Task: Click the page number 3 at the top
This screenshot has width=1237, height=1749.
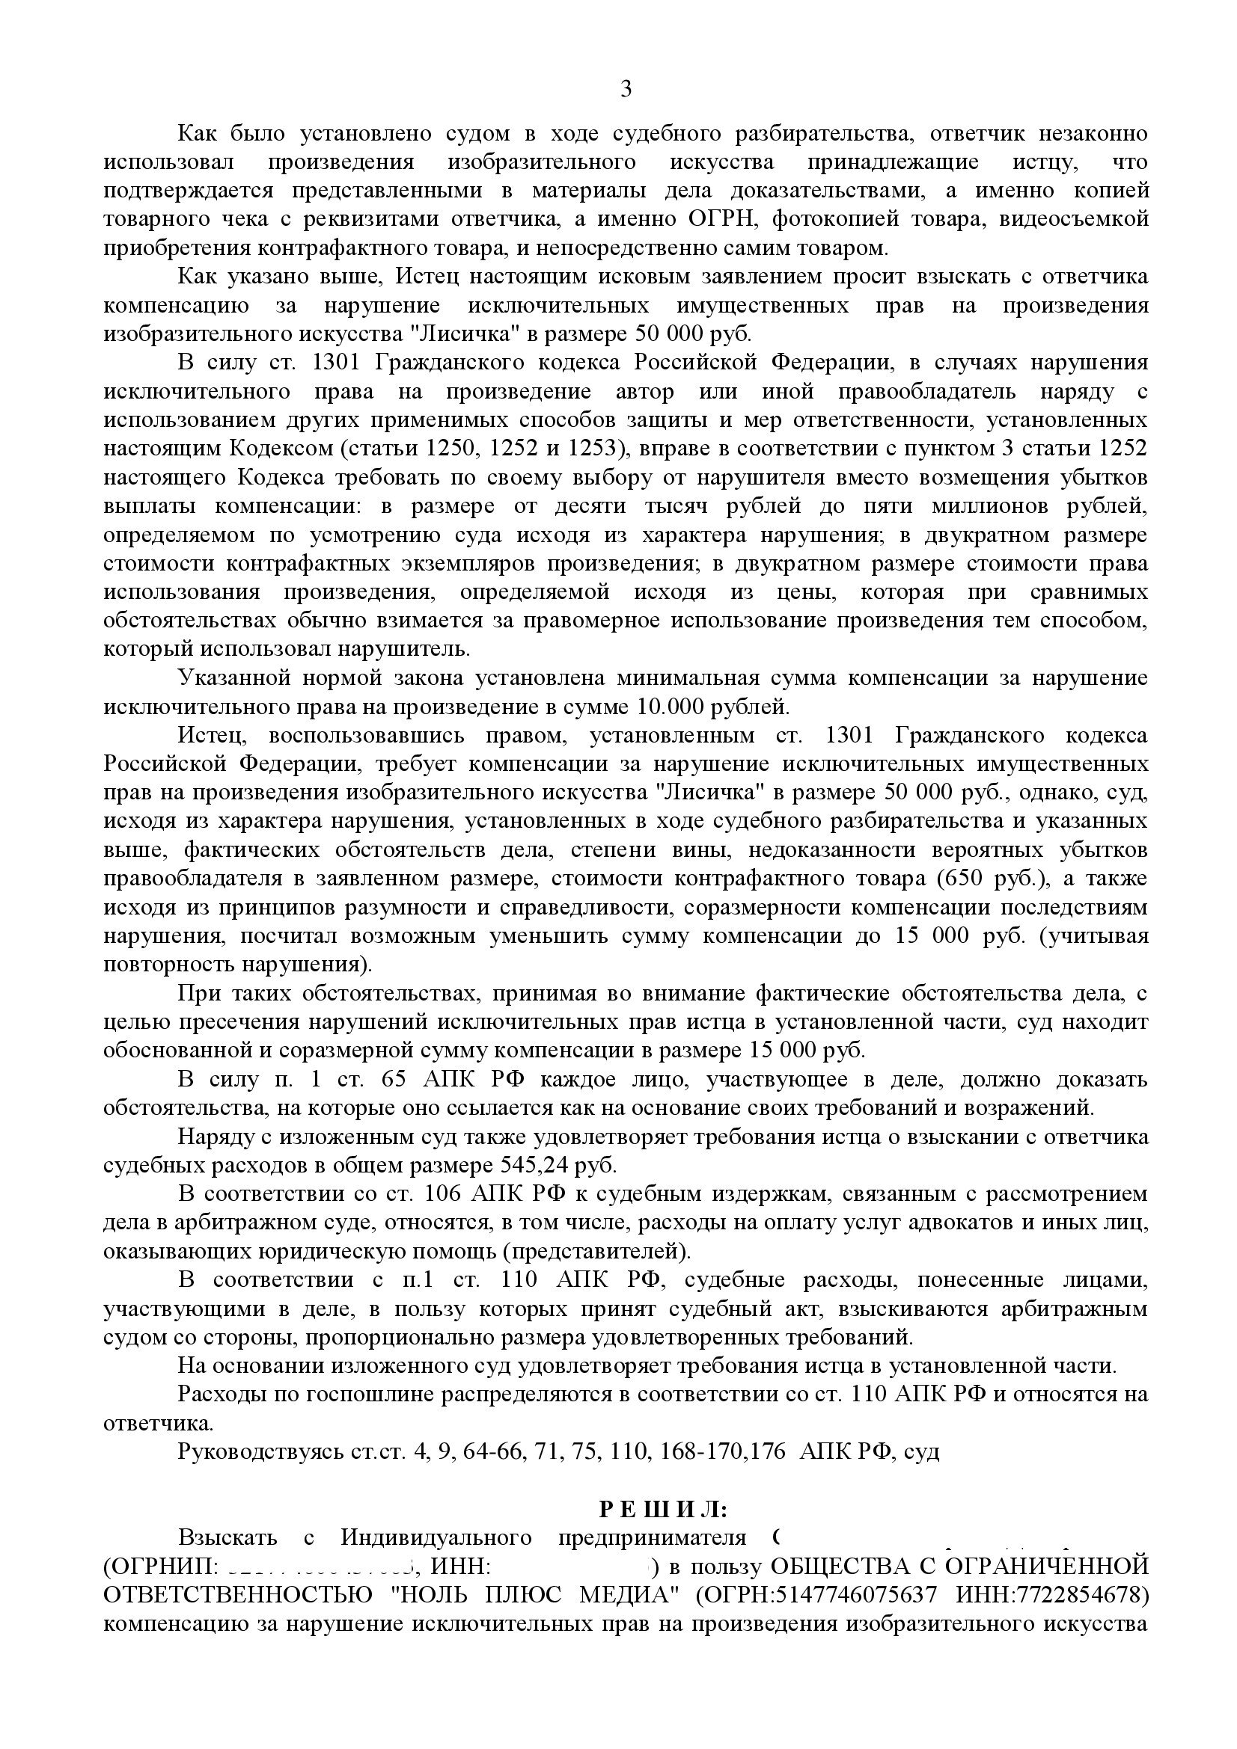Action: pos(625,90)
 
